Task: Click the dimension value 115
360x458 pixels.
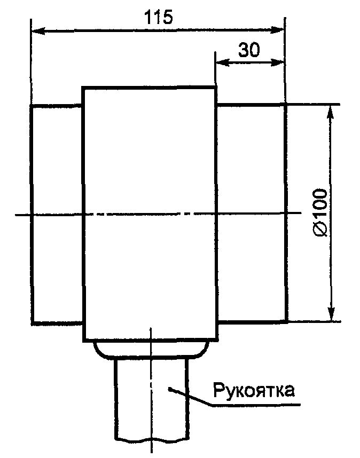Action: (158, 17)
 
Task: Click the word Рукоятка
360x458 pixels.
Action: (254, 390)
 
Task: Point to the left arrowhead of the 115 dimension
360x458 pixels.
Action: (36, 32)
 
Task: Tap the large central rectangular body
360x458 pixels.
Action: (150, 214)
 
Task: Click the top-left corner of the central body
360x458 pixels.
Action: (83, 87)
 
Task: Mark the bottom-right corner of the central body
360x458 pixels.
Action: (217, 340)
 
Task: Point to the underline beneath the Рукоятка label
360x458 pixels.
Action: (256, 404)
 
